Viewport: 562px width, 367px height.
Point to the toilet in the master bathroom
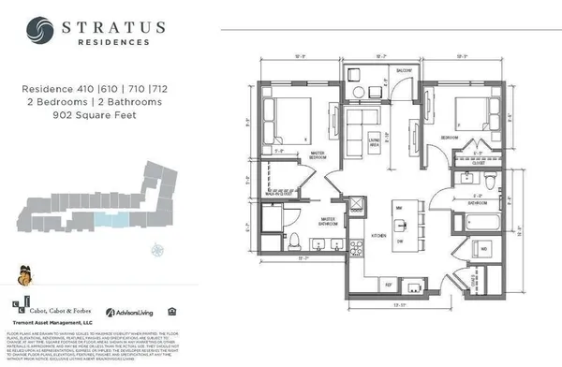click(292, 237)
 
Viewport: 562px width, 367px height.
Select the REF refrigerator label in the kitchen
click(362, 282)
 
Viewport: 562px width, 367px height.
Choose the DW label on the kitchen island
click(399, 240)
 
